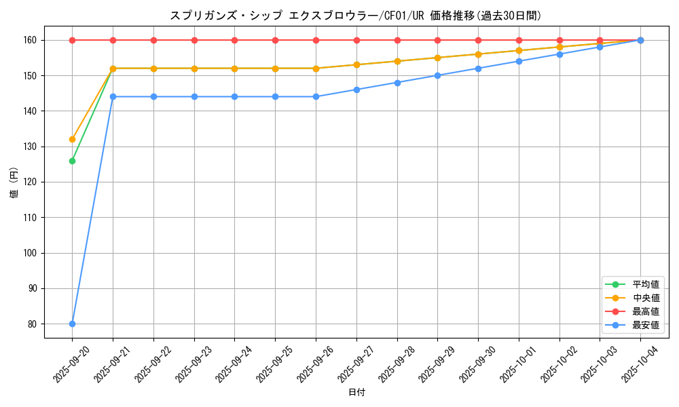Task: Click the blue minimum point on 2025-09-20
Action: coord(72,324)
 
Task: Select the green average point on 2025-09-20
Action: coord(72,161)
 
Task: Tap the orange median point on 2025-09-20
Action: coord(72,139)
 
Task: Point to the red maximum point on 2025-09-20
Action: coord(72,40)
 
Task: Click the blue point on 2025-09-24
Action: coord(234,96)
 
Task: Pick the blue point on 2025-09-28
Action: coord(397,83)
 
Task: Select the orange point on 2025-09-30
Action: coord(478,54)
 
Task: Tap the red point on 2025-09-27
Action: coord(356,40)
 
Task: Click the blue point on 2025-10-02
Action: coord(559,54)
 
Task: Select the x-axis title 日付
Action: coord(356,393)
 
